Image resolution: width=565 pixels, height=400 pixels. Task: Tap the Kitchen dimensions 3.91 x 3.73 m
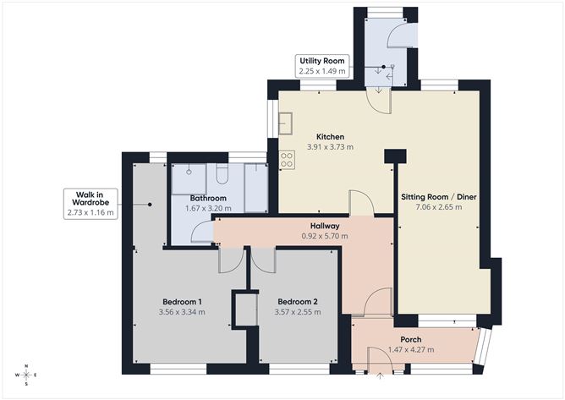click(x=329, y=147)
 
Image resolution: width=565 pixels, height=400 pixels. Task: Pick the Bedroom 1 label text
click(x=181, y=301)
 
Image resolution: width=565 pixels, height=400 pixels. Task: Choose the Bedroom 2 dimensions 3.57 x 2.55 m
click(x=298, y=312)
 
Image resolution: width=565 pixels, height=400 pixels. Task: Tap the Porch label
click(x=411, y=340)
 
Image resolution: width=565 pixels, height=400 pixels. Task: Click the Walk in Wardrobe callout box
click(x=91, y=203)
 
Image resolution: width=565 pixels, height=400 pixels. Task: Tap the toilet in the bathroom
click(x=222, y=176)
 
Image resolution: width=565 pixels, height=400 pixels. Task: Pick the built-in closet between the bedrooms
click(x=246, y=308)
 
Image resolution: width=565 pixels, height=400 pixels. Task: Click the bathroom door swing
click(x=200, y=232)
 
